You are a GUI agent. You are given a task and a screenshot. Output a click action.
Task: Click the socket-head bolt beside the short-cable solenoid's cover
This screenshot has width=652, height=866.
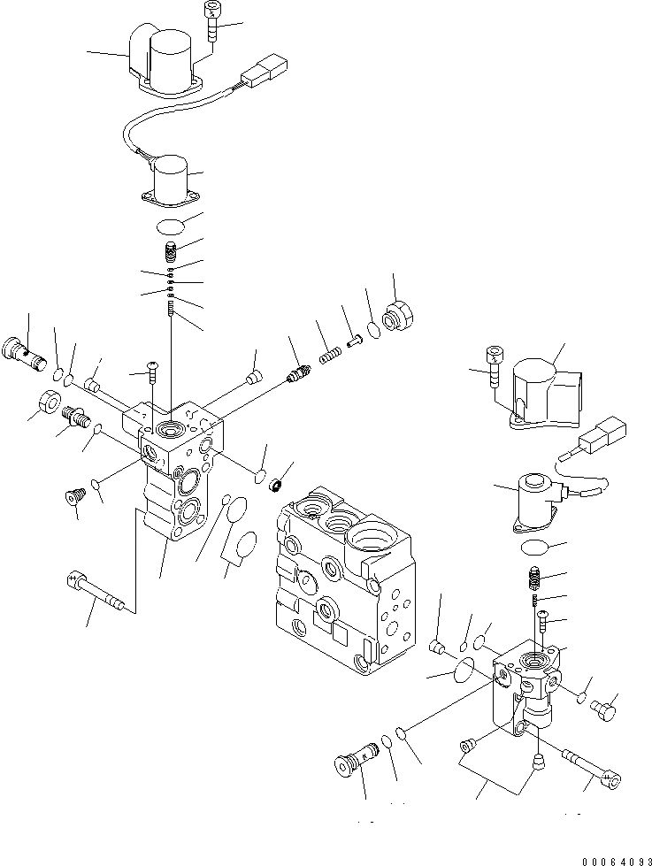coord(493,366)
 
